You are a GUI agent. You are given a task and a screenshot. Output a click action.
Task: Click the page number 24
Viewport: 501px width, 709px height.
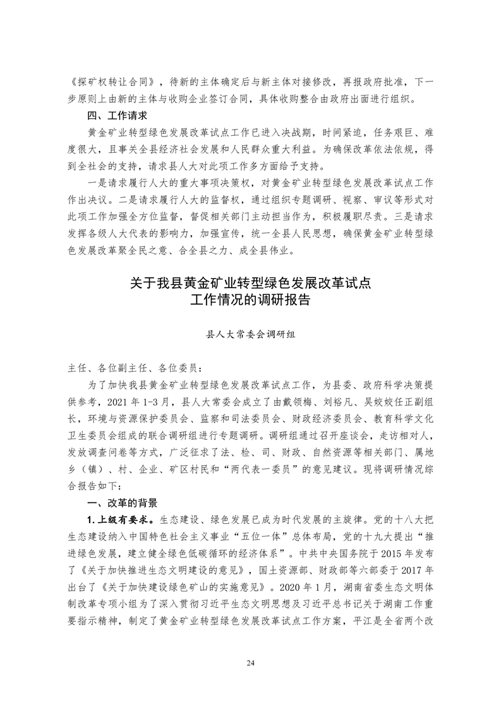250,663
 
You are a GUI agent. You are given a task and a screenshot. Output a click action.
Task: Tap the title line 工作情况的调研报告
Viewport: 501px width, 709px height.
250,301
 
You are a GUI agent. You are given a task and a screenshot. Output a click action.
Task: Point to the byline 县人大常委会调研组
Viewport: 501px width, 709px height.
250,336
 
